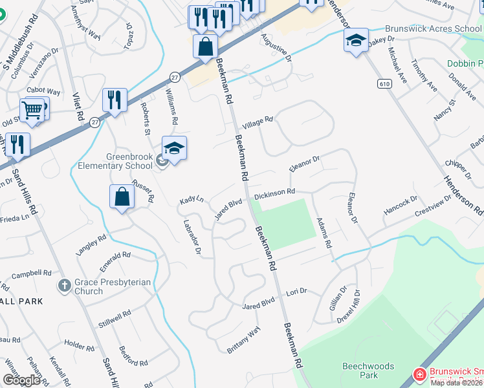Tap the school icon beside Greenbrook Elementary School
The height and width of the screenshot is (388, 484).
(174, 149)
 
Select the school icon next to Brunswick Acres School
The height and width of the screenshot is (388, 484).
(356, 41)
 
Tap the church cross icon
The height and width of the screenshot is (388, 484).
(64, 285)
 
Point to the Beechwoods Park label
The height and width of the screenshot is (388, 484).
(368, 371)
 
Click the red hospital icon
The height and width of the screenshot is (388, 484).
(419, 374)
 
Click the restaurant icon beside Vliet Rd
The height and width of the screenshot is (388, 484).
(115, 100)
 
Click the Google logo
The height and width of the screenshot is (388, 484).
(21, 380)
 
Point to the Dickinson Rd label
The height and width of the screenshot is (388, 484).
(274, 193)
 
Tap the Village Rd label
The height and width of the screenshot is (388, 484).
(258, 122)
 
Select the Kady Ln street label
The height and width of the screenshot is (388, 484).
(192, 202)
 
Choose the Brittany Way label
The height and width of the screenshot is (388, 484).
(243, 340)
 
